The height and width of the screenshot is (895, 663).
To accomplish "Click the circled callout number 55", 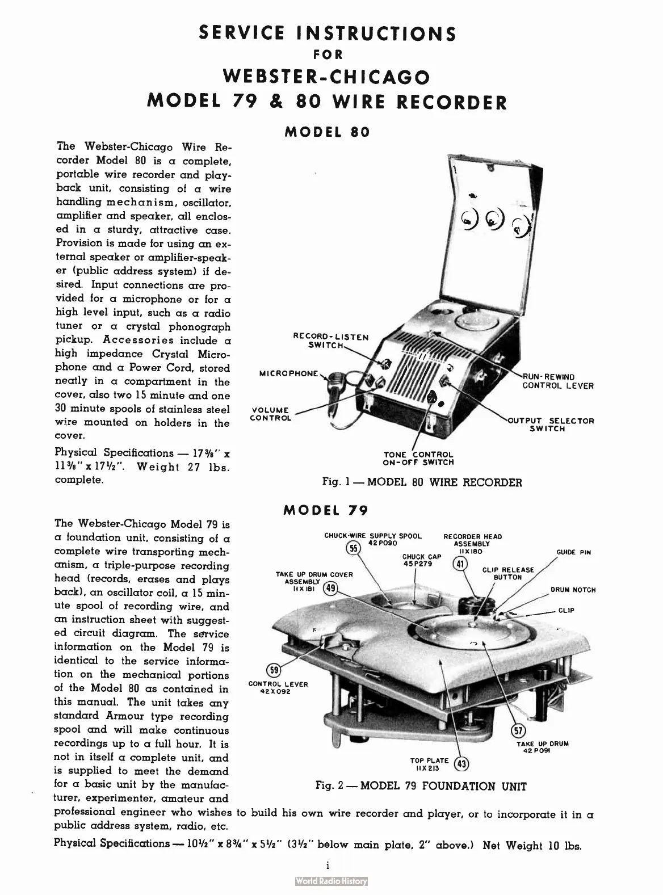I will [354, 548].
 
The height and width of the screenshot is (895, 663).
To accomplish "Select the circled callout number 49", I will [330, 589].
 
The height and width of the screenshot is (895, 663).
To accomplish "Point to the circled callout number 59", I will [274, 670].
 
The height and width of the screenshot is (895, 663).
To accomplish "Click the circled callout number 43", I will [462, 764].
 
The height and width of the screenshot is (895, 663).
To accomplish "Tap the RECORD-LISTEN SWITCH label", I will [331, 341].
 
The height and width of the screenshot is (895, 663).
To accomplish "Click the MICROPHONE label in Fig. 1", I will [289, 373].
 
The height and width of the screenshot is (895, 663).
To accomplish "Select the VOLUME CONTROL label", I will [271, 414].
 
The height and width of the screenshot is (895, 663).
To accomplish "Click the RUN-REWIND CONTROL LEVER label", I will [557, 381].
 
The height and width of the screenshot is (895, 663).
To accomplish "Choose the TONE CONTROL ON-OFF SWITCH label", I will [419, 458].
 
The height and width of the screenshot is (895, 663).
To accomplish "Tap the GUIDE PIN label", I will [574, 552].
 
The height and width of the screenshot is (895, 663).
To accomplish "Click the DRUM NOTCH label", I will [573, 590].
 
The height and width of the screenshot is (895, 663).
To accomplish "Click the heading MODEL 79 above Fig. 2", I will [326, 510].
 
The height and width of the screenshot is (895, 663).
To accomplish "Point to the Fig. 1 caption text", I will [422, 482].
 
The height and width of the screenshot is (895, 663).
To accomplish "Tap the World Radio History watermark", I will [331, 881].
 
